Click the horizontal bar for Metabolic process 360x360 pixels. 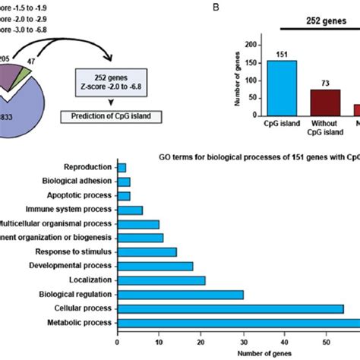pyautogui.click(x=238, y=323)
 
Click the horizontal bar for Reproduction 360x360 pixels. pyautogui.click(x=122, y=167)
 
